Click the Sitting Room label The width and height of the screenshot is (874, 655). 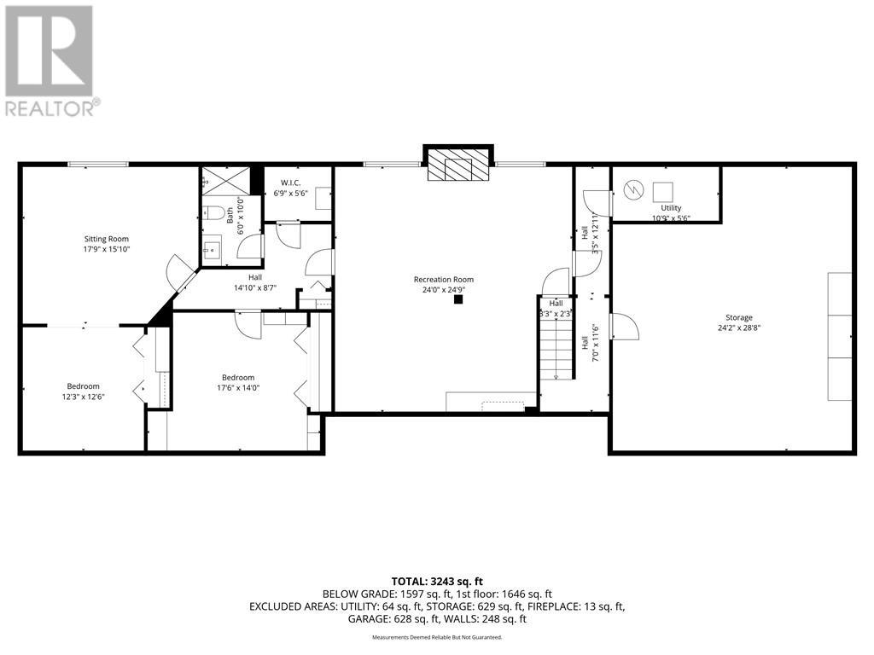[x=107, y=239]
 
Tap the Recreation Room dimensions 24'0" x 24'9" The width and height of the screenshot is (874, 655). [x=443, y=290]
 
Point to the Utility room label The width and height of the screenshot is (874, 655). [x=671, y=208]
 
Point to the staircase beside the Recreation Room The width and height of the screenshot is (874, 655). [x=556, y=345]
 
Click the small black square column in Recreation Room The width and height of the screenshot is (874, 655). [x=458, y=299]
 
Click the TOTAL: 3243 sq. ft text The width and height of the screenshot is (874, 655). [x=436, y=581]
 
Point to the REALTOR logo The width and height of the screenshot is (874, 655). [x=51, y=60]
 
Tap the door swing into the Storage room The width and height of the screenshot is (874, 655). [x=624, y=327]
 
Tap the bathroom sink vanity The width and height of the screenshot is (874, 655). [x=212, y=250]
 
